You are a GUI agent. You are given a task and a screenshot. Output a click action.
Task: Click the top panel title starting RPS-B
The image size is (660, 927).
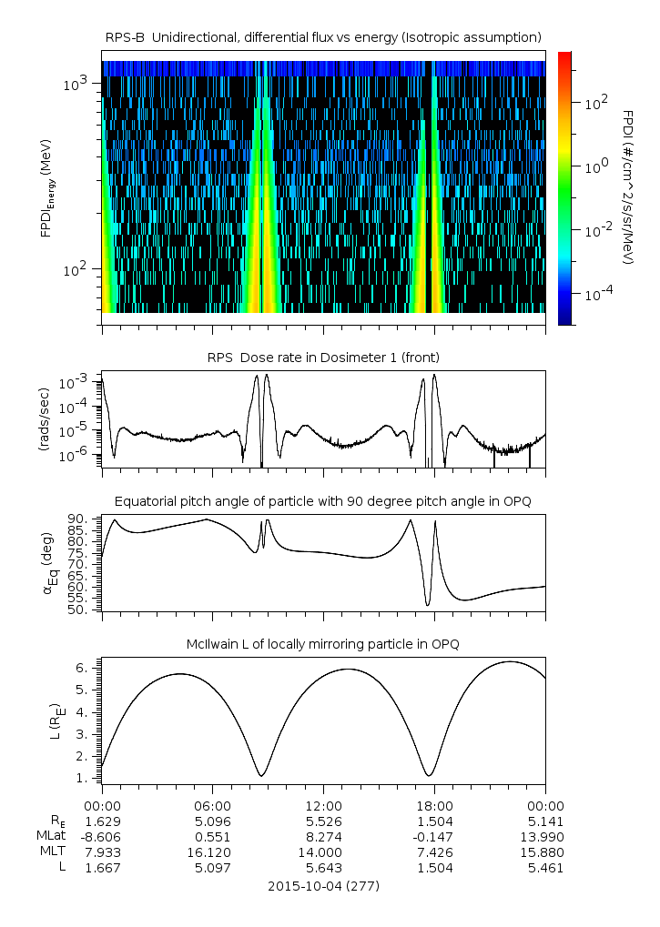click(x=323, y=36)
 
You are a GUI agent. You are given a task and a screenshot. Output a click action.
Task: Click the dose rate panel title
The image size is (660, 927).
click(x=323, y=357)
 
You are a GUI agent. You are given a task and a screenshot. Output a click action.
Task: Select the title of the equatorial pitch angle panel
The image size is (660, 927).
click(x=323, y=501)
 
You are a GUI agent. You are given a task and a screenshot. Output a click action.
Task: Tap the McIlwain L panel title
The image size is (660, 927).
click(x=323, y=644)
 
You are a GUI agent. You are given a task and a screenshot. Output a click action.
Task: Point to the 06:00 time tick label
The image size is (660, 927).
click(x=213, y=805)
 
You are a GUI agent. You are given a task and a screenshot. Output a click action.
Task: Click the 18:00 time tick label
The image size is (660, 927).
click(x=434, y=805)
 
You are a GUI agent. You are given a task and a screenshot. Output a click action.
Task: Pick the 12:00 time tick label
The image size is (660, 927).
click(x=323, y=805)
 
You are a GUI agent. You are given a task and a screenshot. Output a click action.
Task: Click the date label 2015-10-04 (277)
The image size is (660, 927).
click(x=323, y=885)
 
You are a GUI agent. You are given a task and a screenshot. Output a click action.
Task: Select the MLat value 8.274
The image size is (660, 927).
click(x=323, y=836)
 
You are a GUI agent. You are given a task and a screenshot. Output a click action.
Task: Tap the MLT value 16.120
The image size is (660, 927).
click(x=213, y=851)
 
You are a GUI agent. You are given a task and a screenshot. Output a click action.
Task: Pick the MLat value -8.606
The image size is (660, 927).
click(x=102, y=836)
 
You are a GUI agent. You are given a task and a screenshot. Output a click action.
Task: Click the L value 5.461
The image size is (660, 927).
click(x=545, y=868)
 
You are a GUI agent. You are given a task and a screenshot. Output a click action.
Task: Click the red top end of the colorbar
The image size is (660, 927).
click(x=564, y=56)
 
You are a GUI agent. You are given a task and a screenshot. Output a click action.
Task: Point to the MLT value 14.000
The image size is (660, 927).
click(x=323, y=851)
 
